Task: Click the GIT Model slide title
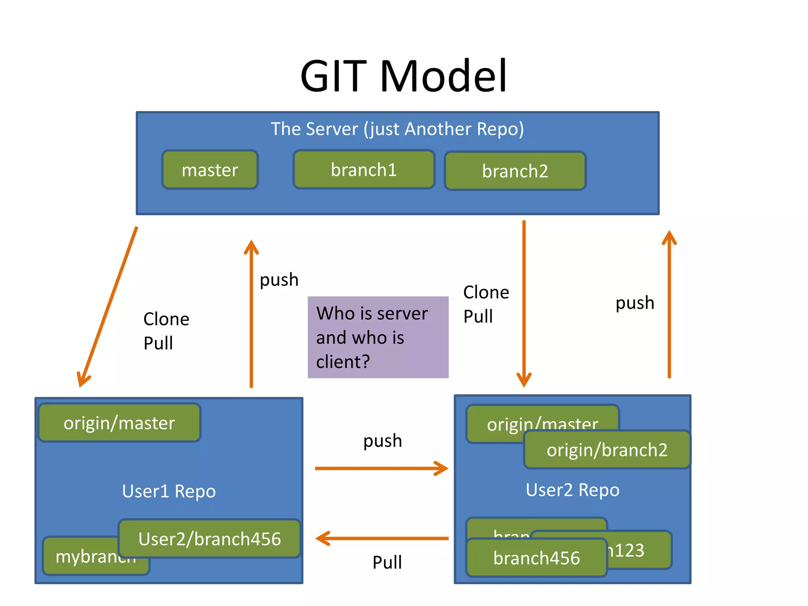pos(403,76)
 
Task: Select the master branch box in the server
pos(210,170)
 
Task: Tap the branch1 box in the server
pos(364,170)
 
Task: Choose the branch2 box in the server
pos(515,171)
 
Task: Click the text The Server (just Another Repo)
pos(397,129)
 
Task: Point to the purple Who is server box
pos(378,337)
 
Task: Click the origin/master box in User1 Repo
pos(119,423)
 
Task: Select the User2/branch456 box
pos(209,539)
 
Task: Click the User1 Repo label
pos(169,491)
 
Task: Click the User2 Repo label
pos(572,490)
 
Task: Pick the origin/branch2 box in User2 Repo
pos(607,450)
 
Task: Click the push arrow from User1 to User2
pos(381,468)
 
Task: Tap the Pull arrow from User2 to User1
pos(381,538)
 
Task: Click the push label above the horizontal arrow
pos(382,441)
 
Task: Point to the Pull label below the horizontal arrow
pos(387,562)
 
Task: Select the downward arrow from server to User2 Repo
pos(524,304)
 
